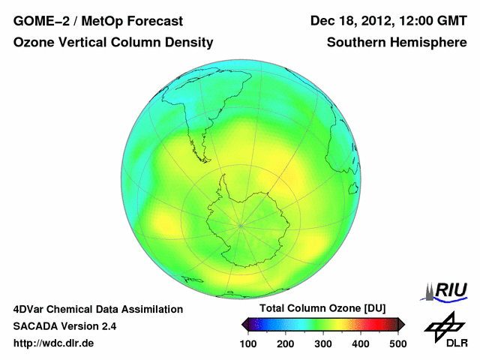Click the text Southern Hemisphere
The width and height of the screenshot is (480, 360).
[x=397, y=43]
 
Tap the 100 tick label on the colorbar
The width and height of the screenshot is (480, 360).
[x=248, y=343]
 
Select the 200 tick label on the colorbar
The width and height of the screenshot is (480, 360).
[x=286, y=343]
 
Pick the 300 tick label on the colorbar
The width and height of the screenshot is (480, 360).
[x=323, y=343]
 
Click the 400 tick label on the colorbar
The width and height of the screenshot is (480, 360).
[x=361, y=343]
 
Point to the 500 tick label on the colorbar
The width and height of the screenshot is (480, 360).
[x=397, y=343]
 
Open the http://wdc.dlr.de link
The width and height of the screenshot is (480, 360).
[x=54, y=343]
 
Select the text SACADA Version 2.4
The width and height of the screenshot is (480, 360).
[x=64, y=326]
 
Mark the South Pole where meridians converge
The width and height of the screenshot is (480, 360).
[x=241, y=225]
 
